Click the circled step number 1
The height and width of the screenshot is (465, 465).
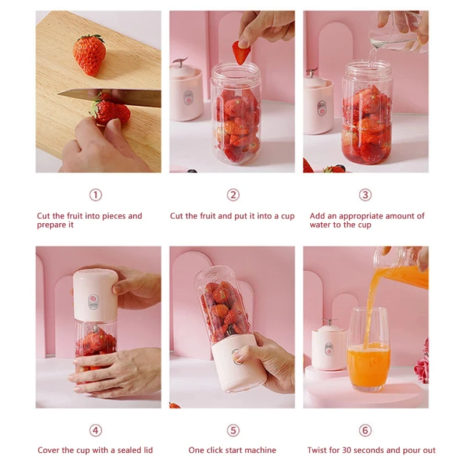coord(95,195)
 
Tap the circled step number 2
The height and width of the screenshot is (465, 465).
coord(233,195)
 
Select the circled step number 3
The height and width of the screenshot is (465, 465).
coord(365,195)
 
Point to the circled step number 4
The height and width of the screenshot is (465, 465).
coord(95,430)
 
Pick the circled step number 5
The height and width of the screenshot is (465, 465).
coord(233,430)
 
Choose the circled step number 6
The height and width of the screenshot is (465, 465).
coord(365,430)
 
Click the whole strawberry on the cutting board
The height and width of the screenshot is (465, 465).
coord(90,54)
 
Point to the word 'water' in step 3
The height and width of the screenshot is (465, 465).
coord(321,225)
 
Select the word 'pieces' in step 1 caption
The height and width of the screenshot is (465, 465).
coord(113,216)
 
